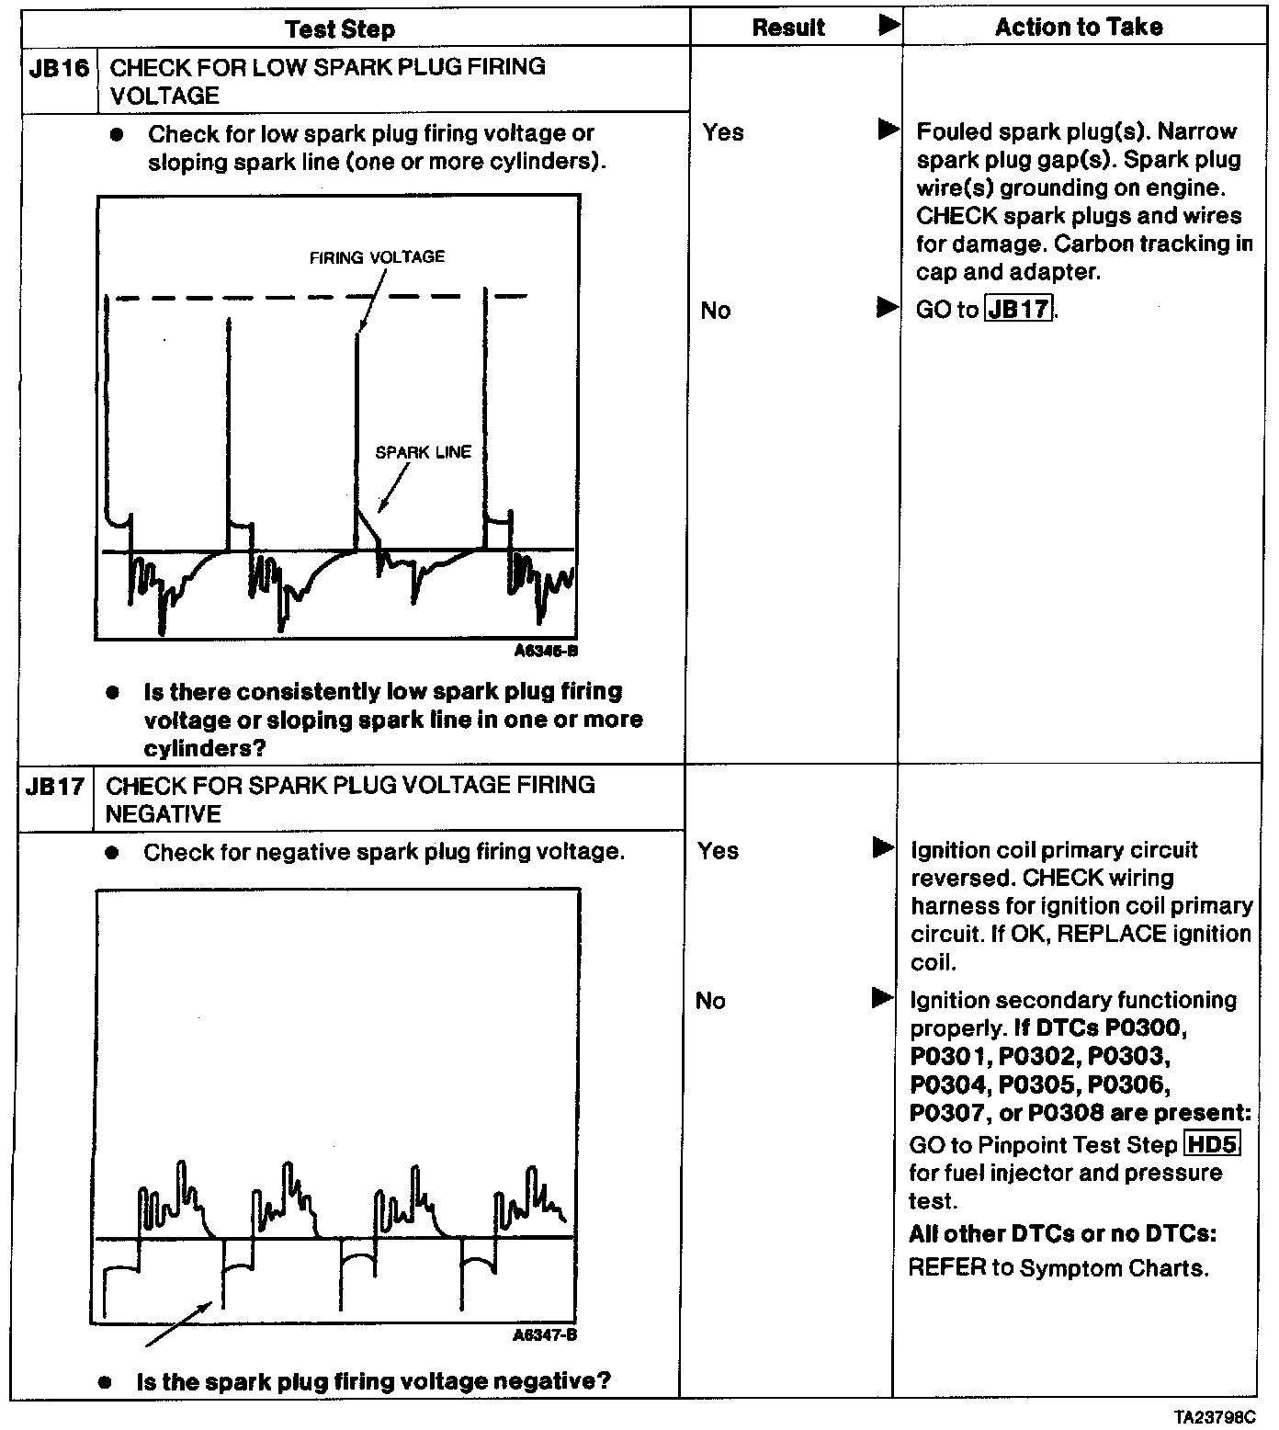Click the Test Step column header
pyautogui.click(x=340, y=28)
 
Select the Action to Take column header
pyautogui.click(x=1079, y=27)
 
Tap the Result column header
pyautogui.click(x=788, y=28)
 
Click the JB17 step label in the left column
pyautogui.click(x=55, y=787)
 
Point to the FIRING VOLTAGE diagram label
pyautogui.click(x=377, y=257)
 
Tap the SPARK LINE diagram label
pyautogui.click(x=423, y=452)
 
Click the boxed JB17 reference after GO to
pyautogui.click(x=1018, y=309)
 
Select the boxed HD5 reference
pyautogui.click(x=1213, y=1144)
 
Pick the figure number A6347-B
pyautogui.click(x=545, y=1335)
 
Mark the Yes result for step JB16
pyautogui.click(x=723, y=132)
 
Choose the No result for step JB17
pyautogui.click(x=710, y=1001)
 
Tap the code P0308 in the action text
pyautogui.click(x=1066, y=1113)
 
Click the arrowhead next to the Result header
pyautogui.click(x=889, y=25)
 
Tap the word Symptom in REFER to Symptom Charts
pyautogui.click(x=1066, y=1268)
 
